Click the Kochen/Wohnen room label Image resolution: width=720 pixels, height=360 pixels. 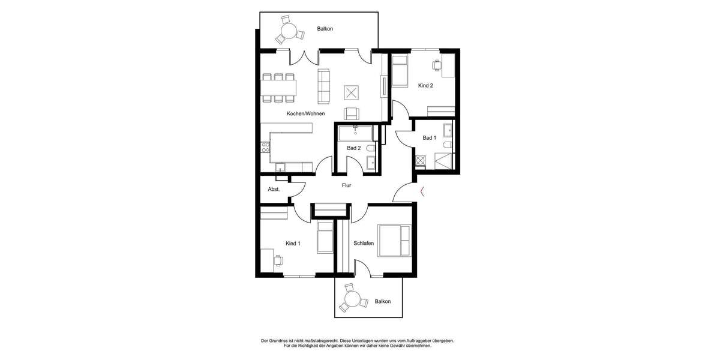[306, 113]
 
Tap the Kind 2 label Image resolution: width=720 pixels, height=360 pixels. [425, 86]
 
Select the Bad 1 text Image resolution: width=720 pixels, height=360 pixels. [429, 138]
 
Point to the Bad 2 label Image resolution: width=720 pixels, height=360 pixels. [354, 148]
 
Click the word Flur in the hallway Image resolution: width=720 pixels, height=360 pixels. [346, 185]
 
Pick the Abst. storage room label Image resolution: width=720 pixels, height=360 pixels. [274, 190]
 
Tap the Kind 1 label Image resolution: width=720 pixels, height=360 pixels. [293, 244]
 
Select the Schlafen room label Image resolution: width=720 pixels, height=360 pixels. [364, 244]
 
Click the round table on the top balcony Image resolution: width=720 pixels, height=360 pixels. [289, 31]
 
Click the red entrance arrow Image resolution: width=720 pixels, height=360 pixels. [423, 192]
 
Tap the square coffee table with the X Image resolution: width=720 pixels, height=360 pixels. [352, 92]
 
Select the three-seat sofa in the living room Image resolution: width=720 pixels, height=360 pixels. [324, 85]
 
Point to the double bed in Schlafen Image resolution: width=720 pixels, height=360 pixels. [394, 240]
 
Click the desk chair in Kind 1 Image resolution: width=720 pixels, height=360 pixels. [278, 260]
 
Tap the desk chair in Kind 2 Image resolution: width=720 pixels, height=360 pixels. [436, 64]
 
